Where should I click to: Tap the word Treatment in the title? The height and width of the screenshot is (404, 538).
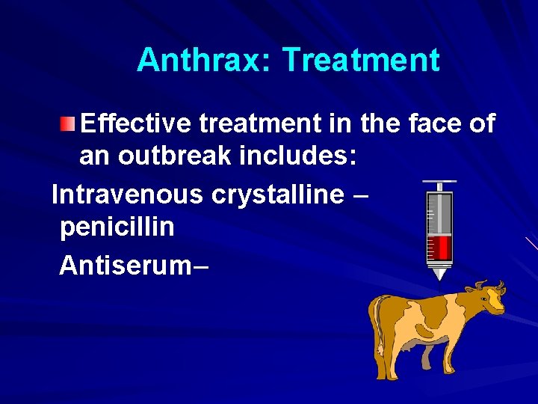pyautogui.click(x=361, y=60)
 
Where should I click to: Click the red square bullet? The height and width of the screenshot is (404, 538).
pyautogui.click(x=68, y=123)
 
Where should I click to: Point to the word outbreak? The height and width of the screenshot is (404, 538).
pyautogui.click(x=170, y=156)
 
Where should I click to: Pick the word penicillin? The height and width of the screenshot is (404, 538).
pyautogui.click(x=117, y=226)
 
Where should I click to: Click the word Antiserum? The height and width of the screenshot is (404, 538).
pyautogui.click(x=125, y=264)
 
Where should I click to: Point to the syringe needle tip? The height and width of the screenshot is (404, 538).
pyautogui.click(x=439, y=278)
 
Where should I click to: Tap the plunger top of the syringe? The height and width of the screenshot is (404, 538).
pyautogui.click(x=439, y=182)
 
